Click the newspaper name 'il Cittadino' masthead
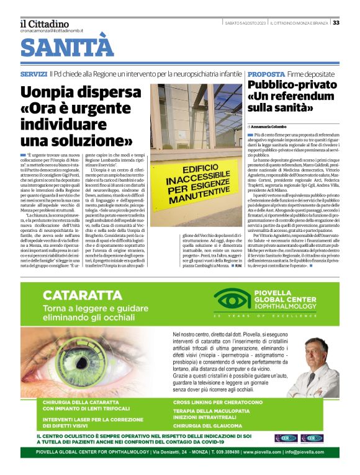point(45,24)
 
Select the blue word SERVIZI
point(33,74)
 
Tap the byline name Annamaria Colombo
point(274,126)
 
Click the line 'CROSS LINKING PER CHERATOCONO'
point(217,402)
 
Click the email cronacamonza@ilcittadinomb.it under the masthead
point(52,30)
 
